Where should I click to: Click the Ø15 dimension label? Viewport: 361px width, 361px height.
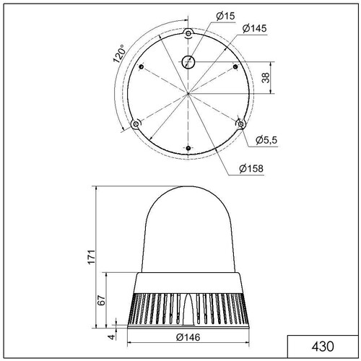click(x=225, y=16)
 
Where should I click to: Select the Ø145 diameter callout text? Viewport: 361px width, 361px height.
click(x=254, y=28)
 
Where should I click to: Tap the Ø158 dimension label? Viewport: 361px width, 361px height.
click(x=251, y=168)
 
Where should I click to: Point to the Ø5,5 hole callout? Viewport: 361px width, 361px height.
click(x=266, y=140)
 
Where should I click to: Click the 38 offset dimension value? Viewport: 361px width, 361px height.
click(x=266, y=77)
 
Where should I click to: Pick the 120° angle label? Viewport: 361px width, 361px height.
click(x=120, y=53)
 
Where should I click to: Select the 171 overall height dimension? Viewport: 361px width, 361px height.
click(x=92, y=257)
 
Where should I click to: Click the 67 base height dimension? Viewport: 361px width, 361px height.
click(x=102, y=300)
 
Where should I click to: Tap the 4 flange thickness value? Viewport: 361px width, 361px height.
click(x=111, y=336)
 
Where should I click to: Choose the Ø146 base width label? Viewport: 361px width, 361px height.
click(x=188, y=337)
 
